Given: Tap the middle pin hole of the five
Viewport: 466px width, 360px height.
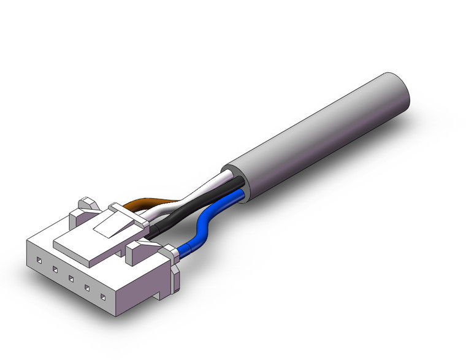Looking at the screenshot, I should click(71, 279).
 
